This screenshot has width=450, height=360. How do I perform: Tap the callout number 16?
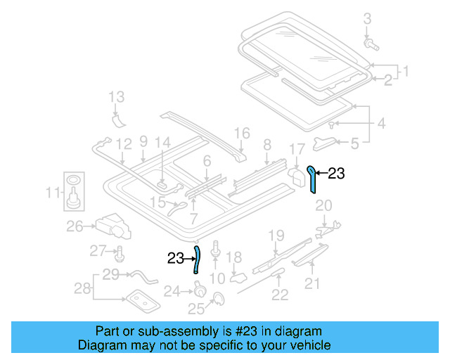[242, 133]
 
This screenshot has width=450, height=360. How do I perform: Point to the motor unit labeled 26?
[115, 225]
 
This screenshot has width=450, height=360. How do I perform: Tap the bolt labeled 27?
[119, 252]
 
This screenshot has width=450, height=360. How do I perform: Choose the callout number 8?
[267, 146]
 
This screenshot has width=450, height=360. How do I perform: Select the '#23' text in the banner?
[233, 331]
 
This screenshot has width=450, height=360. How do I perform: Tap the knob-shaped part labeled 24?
[199, 289]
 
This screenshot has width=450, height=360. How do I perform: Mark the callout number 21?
[311, 283]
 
